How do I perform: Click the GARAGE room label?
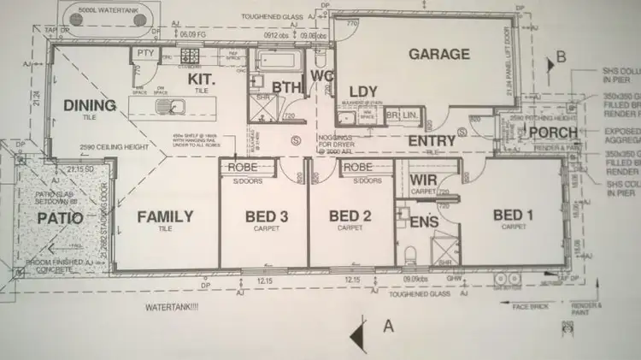pos(438,54)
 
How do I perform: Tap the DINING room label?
pos(89,105)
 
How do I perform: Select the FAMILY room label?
pos(165,216)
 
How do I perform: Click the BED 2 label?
pos(353,216)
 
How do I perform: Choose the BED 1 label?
pos(513,214)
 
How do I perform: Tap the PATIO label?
pos(60,218)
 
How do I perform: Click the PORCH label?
pos(553,133)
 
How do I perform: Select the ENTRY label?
pos(431,140)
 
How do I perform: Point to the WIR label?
pos(424,180)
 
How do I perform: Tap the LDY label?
pos(363,91)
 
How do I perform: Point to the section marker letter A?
pos(388,325)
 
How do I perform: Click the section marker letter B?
pos(561,56)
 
